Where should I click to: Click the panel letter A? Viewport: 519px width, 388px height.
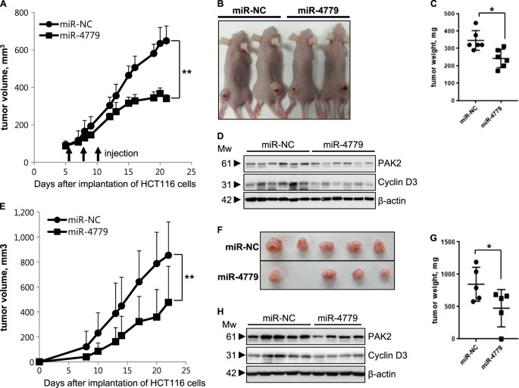[x=7, y=7]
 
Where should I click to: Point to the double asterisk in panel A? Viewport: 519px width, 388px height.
[x=186, y=73]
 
